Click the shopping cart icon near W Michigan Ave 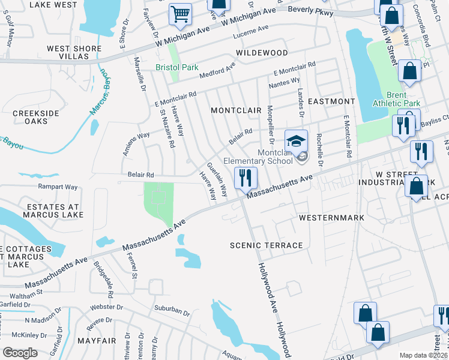pyautogui.click(x=180, y=14)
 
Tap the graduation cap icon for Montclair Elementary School pyautogui.click(x=295, y=142)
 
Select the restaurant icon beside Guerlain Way pyautogui.click(x=246, y=178)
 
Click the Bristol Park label pyautogui.click(x=176, y=67)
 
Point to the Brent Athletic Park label pyautogui.click(x=396, y=99)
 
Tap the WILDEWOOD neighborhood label pyautogui.click(x=262, y=53)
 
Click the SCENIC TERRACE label pyautogui.click(x=267, y=245)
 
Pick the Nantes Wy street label pyautogui.click(x=286, y=82)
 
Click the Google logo pyautogui.click(x=20, y=353)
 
